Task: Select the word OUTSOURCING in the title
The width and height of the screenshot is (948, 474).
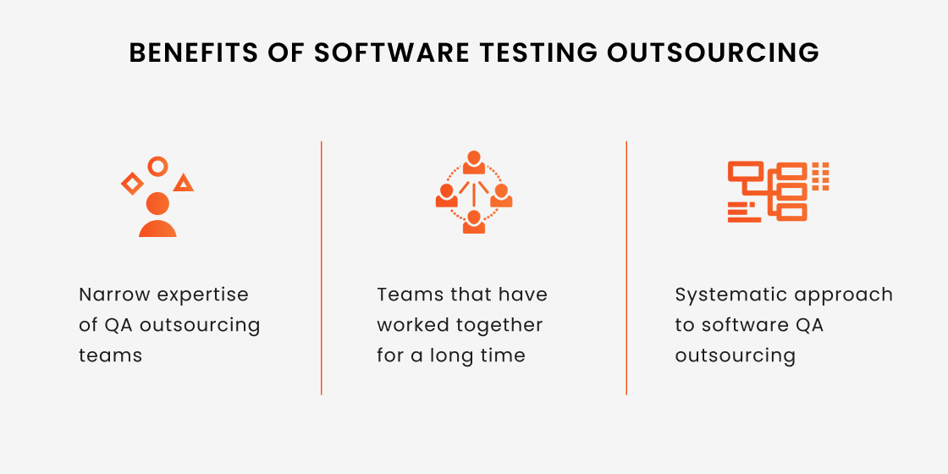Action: [x=714, y=53]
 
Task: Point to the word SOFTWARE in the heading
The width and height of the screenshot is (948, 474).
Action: [x=391, y=53]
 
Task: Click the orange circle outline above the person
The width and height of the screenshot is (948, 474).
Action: [x=157, y=159]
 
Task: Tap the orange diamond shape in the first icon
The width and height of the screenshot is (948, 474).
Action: [x=132, y=183]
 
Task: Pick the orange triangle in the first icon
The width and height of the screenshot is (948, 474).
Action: [x=184, y=183]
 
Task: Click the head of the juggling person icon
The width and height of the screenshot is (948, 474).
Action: [x=157, y=203]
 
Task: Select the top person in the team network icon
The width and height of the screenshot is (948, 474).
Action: [x=474, y=162]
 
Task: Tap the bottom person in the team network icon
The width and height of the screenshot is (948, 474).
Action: [x=474, y=222]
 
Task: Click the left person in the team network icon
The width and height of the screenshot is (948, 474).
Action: [x=446, y=196]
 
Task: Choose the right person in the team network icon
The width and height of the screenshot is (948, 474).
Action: [x=501, y=196]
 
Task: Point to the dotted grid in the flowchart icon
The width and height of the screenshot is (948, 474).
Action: [x=820, y=177]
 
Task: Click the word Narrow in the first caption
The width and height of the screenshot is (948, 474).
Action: [x=116, y=295]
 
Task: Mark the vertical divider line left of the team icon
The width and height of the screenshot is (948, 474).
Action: [x=322, y=267]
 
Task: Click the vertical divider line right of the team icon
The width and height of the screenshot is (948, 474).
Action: [x=626, y=267]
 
